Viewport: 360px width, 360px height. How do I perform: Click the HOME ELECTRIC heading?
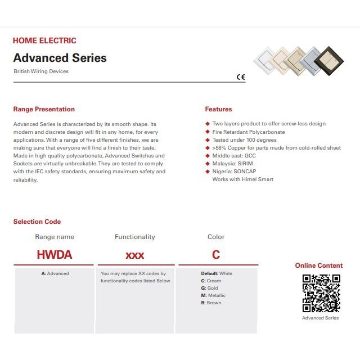pos(44,40)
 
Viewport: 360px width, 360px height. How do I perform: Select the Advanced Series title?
pos(60,58)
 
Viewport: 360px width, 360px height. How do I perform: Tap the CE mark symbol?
pos(241,78)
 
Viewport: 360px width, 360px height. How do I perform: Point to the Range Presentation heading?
pos(44,109)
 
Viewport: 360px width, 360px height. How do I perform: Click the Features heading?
pos(218,109)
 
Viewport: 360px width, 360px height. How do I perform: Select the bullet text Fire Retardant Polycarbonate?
pos(248,132)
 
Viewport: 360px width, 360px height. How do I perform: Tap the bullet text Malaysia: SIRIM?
pos(232,164)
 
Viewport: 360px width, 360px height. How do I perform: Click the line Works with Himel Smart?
pos(242,179)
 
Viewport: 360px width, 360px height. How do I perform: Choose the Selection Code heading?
pos(37,222)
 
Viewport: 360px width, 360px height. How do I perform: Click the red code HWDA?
pos(55,255)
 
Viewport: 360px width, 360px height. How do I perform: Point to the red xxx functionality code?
pos(135,255)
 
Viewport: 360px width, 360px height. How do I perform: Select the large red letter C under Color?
pos(216,255)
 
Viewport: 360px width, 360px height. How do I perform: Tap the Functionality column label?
pos(135,237)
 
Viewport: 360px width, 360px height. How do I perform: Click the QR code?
pos(321,292)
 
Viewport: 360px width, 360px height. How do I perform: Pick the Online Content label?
pos(319,265)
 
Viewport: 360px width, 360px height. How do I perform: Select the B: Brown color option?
pos(211,303)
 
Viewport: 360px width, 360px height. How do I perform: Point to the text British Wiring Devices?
pos(41,71)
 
